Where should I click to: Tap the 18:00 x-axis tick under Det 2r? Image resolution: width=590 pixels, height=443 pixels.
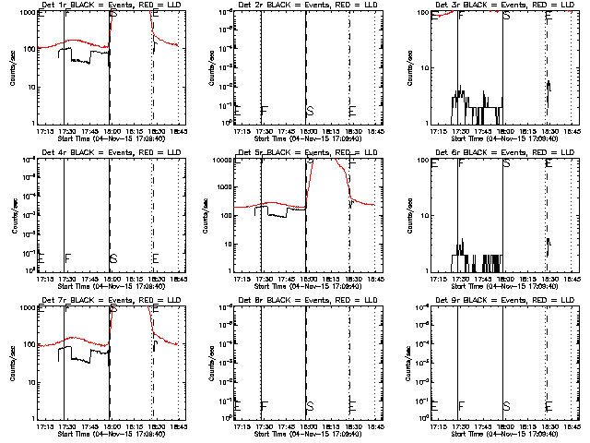click(x=305, y=131)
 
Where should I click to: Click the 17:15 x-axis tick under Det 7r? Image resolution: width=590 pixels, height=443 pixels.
click(x=43, y=426)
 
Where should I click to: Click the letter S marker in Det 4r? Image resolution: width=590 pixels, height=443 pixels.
click(x=112, y=258)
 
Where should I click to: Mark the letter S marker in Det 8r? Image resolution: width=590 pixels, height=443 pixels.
click(x=309, y=406)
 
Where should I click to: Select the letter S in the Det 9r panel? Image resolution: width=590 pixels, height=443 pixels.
click(x=506, y=406)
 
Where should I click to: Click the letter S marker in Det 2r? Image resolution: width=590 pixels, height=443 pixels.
click(x=309, y=111)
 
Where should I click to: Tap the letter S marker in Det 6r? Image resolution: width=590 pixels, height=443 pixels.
click(x=506, y=163)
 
